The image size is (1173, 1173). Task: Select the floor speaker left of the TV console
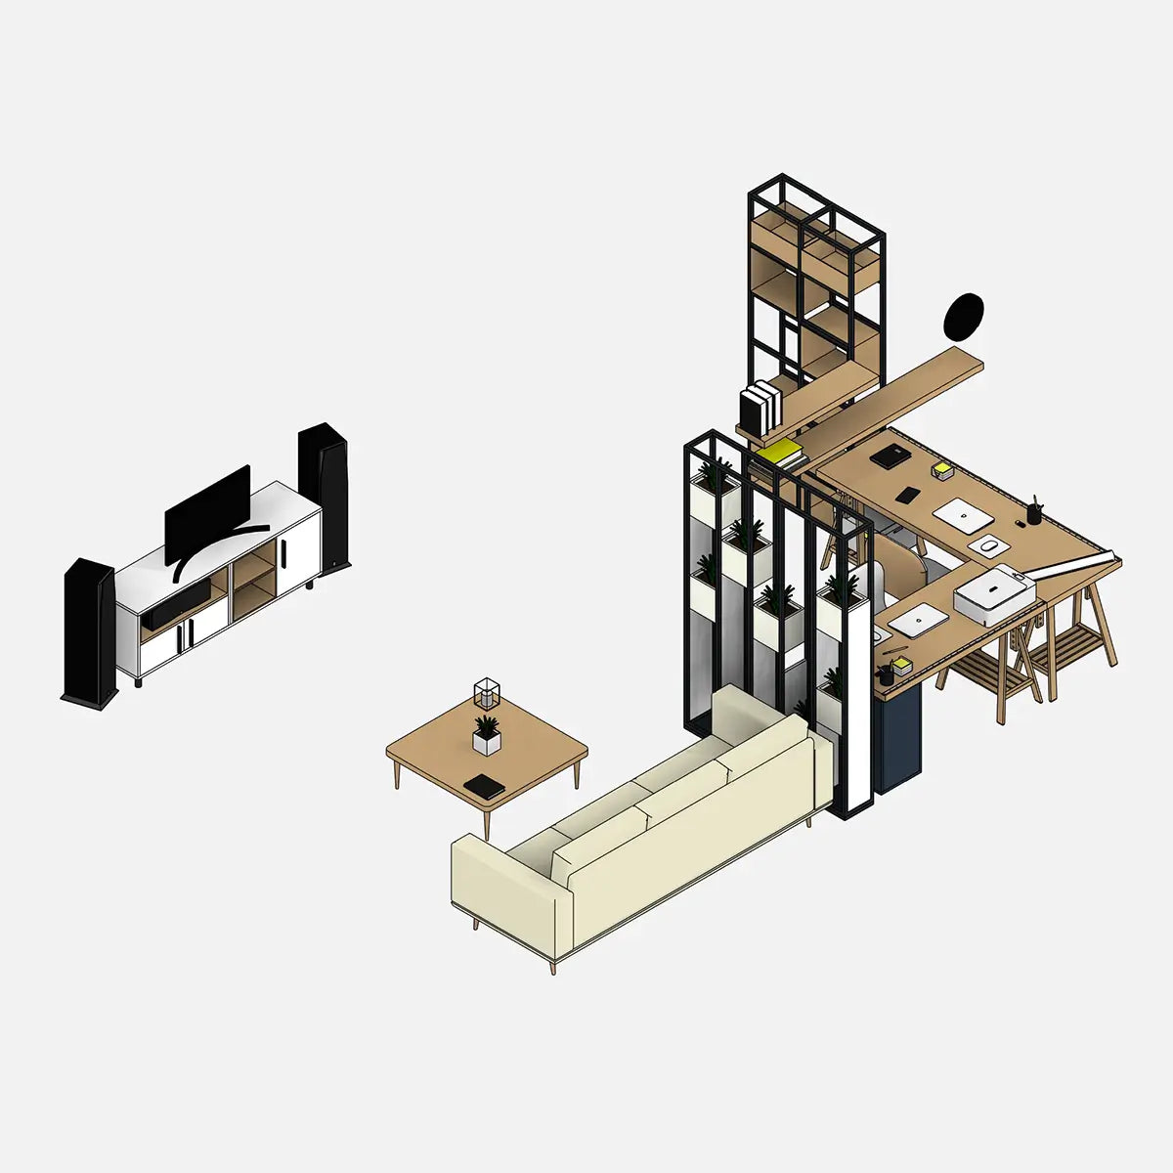pyautogui.click(x=90, y=630)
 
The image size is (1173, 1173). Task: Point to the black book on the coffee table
pyautogui.click(x=484, y=786)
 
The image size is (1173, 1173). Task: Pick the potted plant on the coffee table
pyautogui.click(x=486, y=734)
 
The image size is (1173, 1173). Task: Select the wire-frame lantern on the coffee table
pyautogui.click(x=487, y=693)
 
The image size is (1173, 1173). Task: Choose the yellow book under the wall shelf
pyautogui.click(x=782, y=452)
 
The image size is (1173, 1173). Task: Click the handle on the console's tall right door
pyautogui.click(x=282, y=552)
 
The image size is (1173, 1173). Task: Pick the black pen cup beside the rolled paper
pyautogui.click(x=1034, y=513)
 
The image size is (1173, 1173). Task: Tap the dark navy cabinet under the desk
pyautogui.click(x=898, y=738)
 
